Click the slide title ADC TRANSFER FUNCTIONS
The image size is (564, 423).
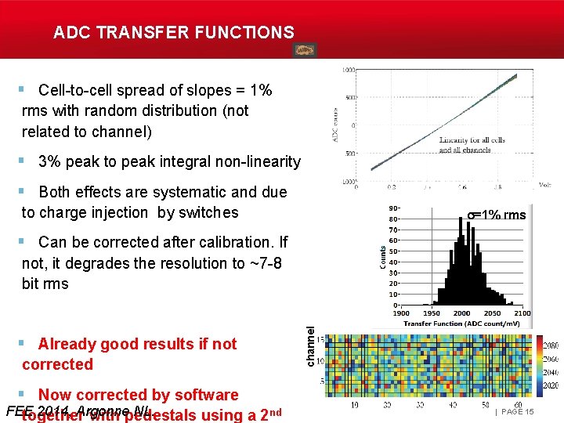174,33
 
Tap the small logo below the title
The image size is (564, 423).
305,50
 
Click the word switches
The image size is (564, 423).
208,212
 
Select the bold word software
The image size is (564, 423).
201,395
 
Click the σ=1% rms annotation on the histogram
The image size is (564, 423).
497,215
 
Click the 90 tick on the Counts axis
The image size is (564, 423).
393,208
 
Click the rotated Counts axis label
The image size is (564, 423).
383,256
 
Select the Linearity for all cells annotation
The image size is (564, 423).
472,140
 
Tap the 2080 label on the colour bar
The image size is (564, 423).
550,345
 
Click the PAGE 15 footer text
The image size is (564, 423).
517,412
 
